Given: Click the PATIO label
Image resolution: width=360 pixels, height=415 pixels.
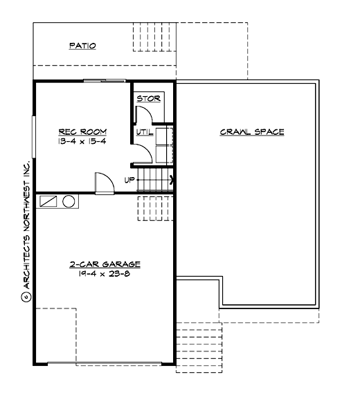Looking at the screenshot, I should tap(82, 46).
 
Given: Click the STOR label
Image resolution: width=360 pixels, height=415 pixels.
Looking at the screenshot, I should tap(148, 99).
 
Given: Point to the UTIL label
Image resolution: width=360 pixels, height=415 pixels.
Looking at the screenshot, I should tap(145, 131).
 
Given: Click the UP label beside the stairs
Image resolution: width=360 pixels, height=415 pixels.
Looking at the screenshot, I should tap(129, 180).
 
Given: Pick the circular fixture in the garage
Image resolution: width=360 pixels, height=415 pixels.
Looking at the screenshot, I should tap(69, 201).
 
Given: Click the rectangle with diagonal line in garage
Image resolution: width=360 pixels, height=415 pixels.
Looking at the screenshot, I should tap(49, 201).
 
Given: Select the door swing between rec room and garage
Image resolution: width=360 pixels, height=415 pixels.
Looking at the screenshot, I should tap(102, 183).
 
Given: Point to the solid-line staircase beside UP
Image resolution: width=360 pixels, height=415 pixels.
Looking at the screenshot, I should tap(154, 181).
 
